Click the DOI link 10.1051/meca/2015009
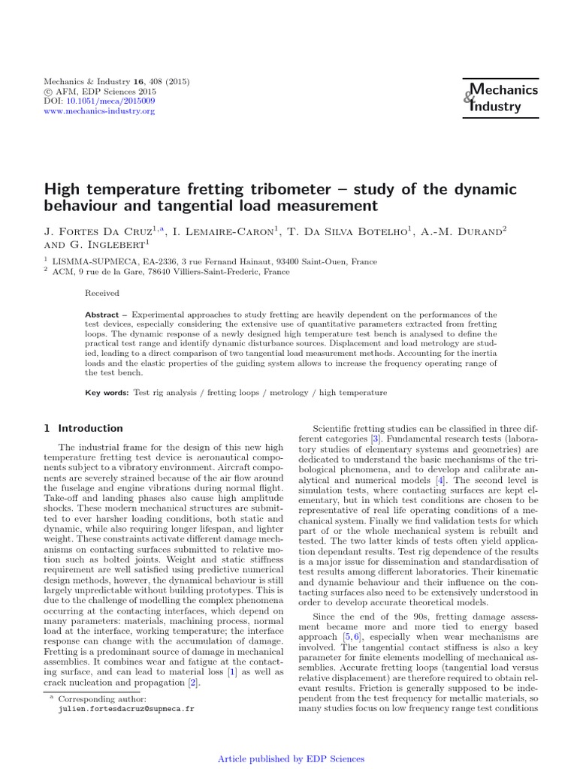(x=111, y=100)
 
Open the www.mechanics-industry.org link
(x=100, y=110)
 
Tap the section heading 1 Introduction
(x=83, y=428)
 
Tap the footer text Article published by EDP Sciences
(x=291, y=759)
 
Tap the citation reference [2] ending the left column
(x=192, y=682)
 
